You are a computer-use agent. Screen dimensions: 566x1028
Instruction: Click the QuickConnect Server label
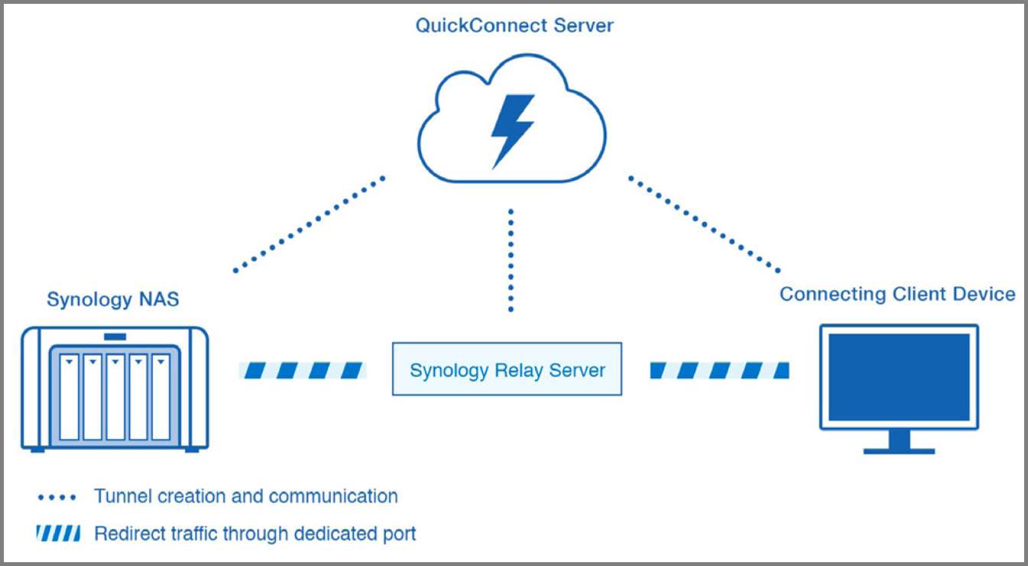point(514,26)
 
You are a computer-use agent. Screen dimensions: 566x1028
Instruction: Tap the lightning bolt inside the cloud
point(511,129)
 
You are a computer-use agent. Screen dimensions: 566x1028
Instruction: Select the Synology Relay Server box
point(507,370)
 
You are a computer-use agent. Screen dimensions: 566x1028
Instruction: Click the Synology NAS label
point(112,299)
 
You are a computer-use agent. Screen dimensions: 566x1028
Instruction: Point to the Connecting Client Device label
point(897,294)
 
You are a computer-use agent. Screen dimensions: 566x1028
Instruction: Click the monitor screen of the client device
point(899,377)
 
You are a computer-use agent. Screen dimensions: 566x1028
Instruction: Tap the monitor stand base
point(899,451)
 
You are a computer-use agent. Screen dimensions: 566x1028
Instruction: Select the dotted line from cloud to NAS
point(309,224)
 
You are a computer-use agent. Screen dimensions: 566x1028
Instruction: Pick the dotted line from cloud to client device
point(704,224)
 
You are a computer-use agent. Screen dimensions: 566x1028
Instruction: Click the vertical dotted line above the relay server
point(511,260)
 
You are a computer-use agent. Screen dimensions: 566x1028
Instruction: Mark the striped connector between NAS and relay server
point(303,370)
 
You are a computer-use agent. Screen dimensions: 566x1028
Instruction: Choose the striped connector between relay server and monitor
point(718,370)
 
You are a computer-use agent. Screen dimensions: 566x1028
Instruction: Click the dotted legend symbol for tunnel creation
point(57,497)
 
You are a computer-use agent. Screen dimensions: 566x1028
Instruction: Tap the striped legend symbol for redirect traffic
point(57,533)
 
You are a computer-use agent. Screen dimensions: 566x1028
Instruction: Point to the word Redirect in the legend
point(126,533)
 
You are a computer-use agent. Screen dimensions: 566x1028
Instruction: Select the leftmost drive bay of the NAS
point(70,396)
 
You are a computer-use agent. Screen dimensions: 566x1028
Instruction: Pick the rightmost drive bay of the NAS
point(161,396)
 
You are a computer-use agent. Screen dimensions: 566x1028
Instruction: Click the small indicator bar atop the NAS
point(115,336)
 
